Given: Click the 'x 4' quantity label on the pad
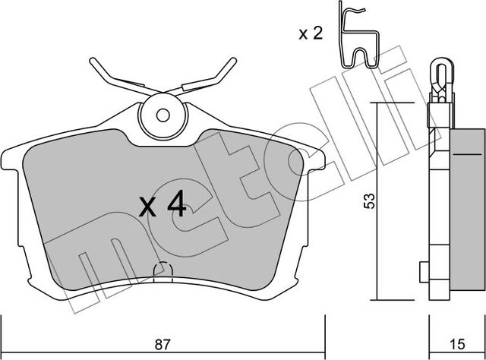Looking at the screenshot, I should click(161, 204).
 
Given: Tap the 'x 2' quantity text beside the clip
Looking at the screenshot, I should click(310, 33).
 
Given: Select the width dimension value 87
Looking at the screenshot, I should click(162, 344).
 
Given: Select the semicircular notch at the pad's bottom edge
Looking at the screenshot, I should click(162, 270).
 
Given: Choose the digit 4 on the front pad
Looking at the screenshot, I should click(175, 204).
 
